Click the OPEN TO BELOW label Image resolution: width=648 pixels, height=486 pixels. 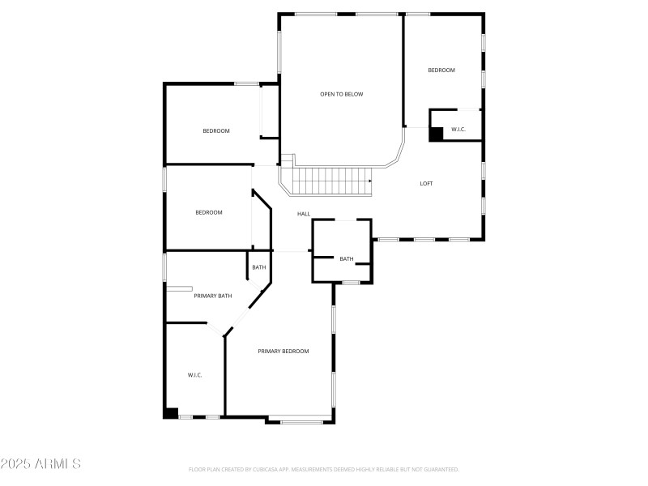[x=341, y=94]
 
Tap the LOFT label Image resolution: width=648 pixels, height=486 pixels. [x=426, y=184]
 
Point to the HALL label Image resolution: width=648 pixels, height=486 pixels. [x=304, y=214]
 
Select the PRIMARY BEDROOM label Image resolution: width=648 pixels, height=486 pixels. [x=283, y=351]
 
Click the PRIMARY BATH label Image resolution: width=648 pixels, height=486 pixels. [x=213, y=296]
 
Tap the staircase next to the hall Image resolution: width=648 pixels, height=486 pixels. [x=330, y=181]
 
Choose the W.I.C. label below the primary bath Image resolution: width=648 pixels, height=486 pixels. [x=195, y=375]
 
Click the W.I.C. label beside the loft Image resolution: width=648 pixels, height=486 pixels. [x=458, y=130]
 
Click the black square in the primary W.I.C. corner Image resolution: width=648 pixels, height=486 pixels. [x=171, y=413]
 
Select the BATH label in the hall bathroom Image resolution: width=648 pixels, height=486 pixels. [x=347, y=259]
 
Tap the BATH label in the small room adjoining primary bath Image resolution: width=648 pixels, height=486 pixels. [x=259, y=267]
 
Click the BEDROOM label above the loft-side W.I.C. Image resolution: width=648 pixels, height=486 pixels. [x=441, y=70]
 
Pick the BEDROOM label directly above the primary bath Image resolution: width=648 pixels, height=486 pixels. [x=209, y=212]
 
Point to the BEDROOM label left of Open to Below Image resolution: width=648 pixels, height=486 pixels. [x=216, y=131]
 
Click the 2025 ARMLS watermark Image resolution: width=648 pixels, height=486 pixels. [x=40, y=464]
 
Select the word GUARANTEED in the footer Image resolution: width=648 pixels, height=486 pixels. [x=439, y=469]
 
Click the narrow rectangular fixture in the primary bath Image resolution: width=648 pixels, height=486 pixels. [x=179, y=288]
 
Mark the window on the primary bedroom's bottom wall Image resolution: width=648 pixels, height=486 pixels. [x=301, y=421]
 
